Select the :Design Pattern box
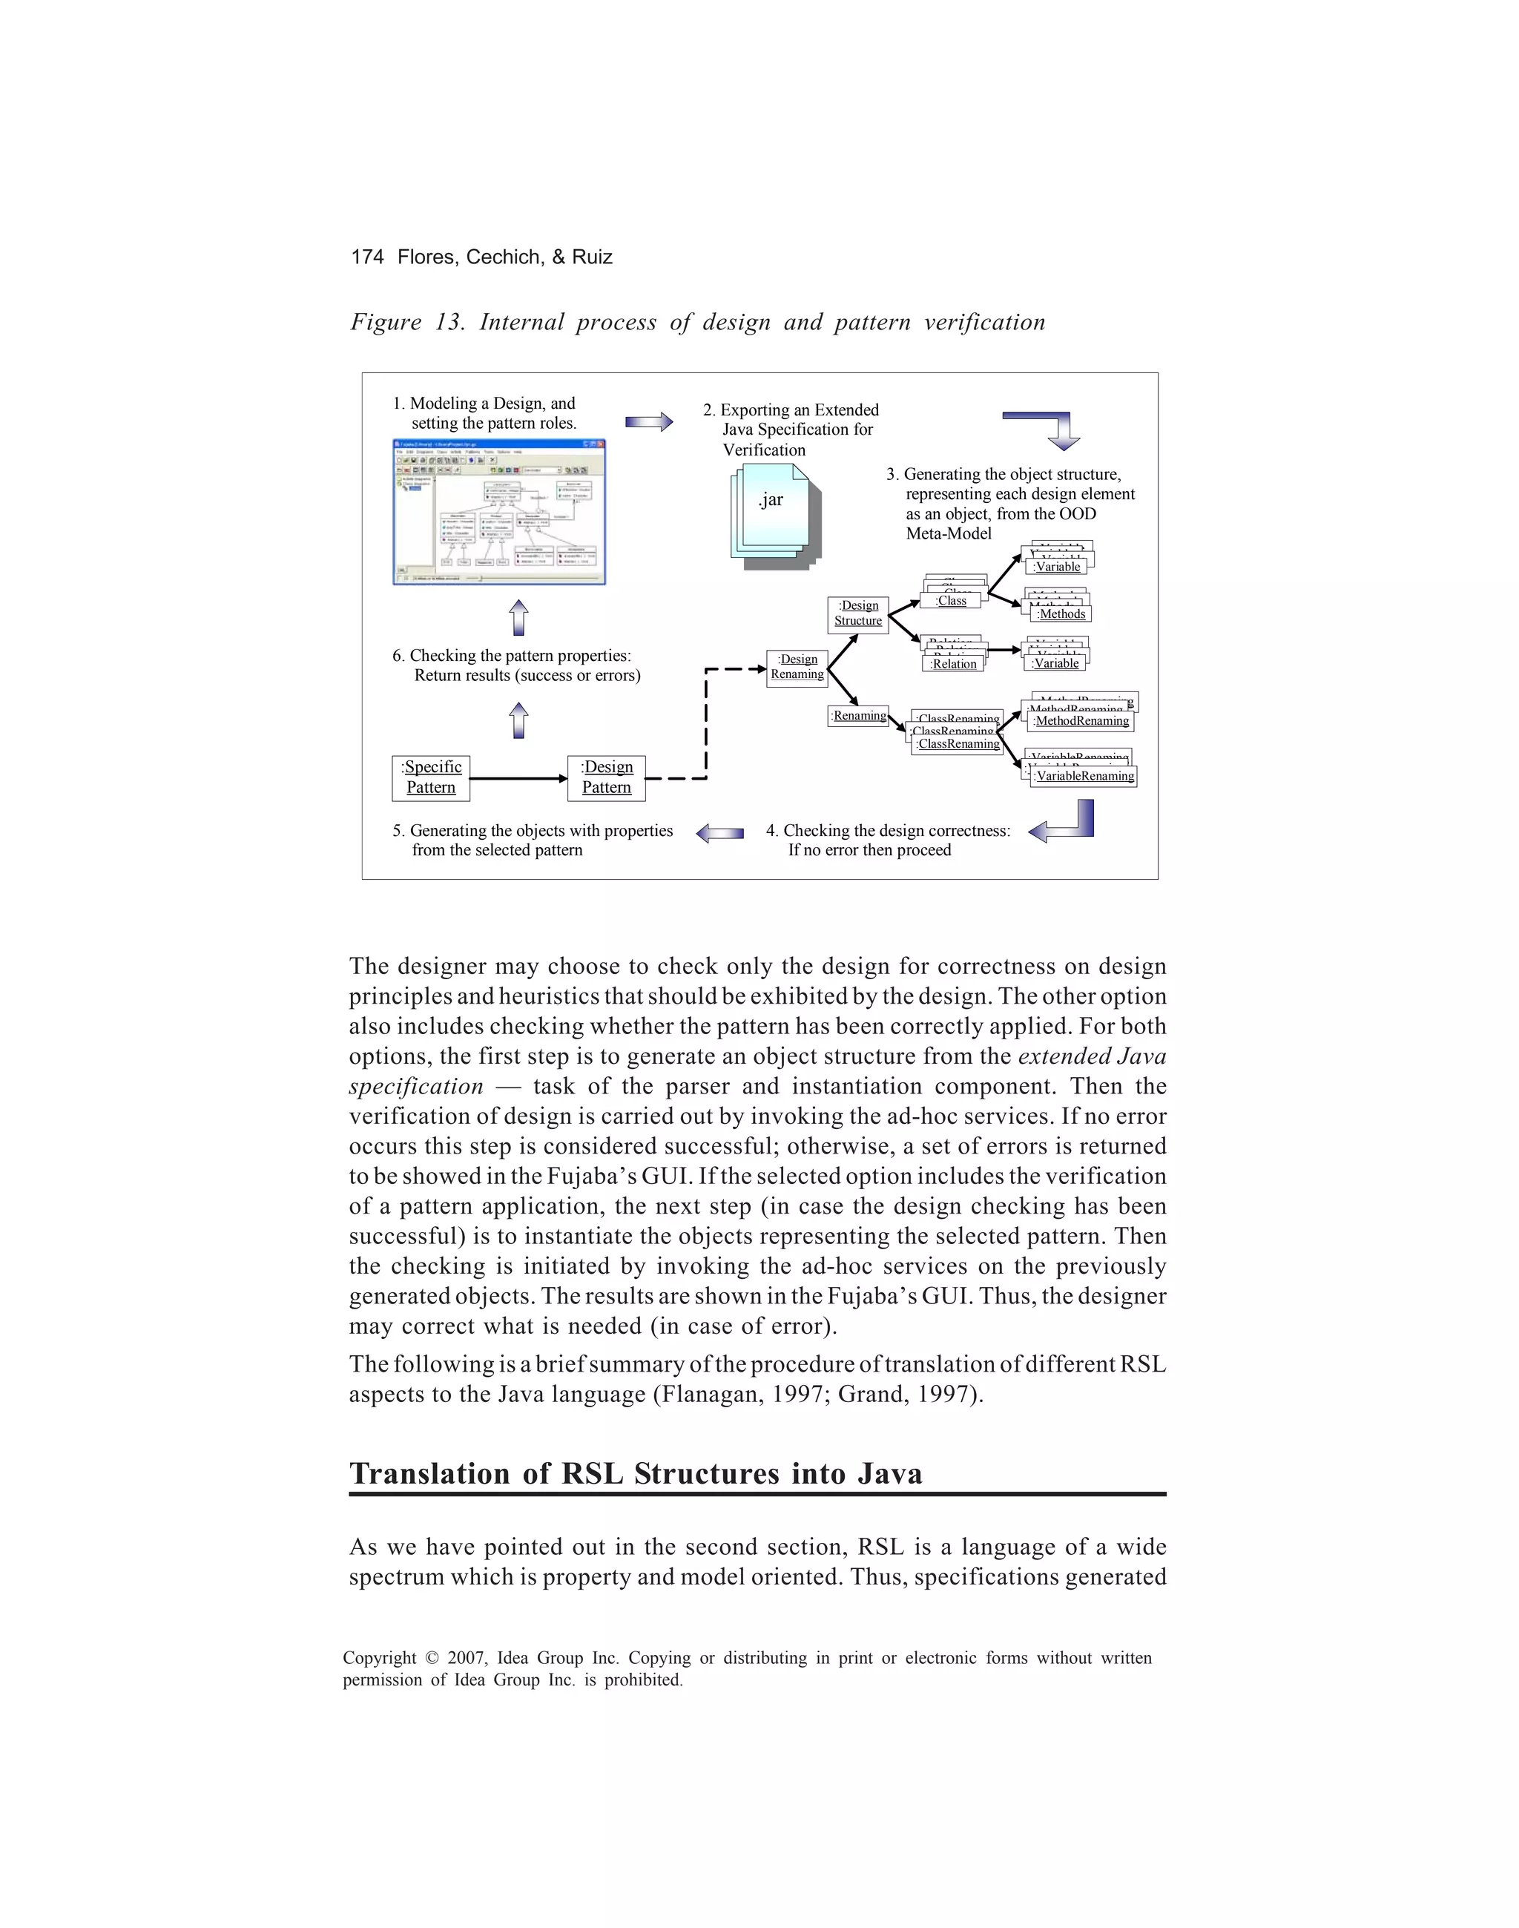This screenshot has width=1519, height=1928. pos(607,778)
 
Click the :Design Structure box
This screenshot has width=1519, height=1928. pos(858,613)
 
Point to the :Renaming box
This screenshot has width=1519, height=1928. pos(858,716)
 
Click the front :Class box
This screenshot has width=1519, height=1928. pos(952,601)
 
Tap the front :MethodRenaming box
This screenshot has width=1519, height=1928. pos(1081,721)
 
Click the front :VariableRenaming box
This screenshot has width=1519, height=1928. pos(1084,777)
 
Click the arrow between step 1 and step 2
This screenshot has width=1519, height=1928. pos(649,421)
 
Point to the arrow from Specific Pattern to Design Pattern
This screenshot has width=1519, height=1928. pos(518,779)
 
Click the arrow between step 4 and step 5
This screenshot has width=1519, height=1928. pos(719,833)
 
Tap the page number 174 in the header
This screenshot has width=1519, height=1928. pos(367,257)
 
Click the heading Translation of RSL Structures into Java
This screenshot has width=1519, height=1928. pos(636,1473)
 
